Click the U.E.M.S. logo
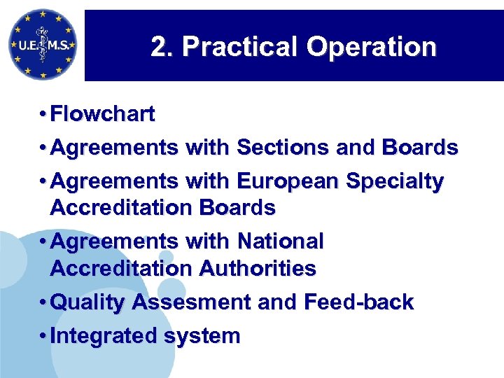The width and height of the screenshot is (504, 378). point(42,44)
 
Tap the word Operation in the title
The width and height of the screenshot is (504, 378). point(371,48)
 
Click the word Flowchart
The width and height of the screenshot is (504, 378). point(103,114)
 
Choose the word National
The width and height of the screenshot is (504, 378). point(280,241)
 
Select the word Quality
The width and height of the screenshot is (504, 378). point(88,302)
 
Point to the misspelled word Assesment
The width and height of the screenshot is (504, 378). point(191,302)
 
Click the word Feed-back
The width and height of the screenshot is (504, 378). point(359,302)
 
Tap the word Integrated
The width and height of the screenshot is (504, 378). point(104,336)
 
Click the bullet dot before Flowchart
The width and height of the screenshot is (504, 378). point(43,114)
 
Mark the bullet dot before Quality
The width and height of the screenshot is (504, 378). point(43,302)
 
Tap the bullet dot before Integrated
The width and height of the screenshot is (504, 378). point(43,336)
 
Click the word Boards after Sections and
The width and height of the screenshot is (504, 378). point(420,148)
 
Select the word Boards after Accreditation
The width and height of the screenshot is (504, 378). point(237,208)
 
